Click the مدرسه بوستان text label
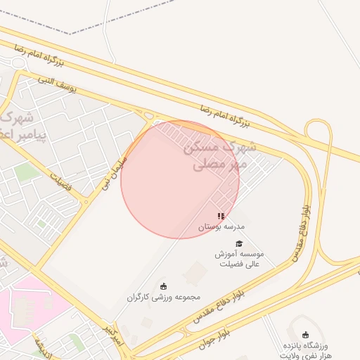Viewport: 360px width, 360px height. pos(220,227)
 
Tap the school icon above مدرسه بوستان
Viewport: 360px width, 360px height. pos(221,217)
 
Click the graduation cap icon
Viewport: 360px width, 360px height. pos(239,243)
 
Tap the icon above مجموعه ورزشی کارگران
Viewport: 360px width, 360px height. pos(164,285)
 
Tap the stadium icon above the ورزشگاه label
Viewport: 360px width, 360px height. pos(304,335)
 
